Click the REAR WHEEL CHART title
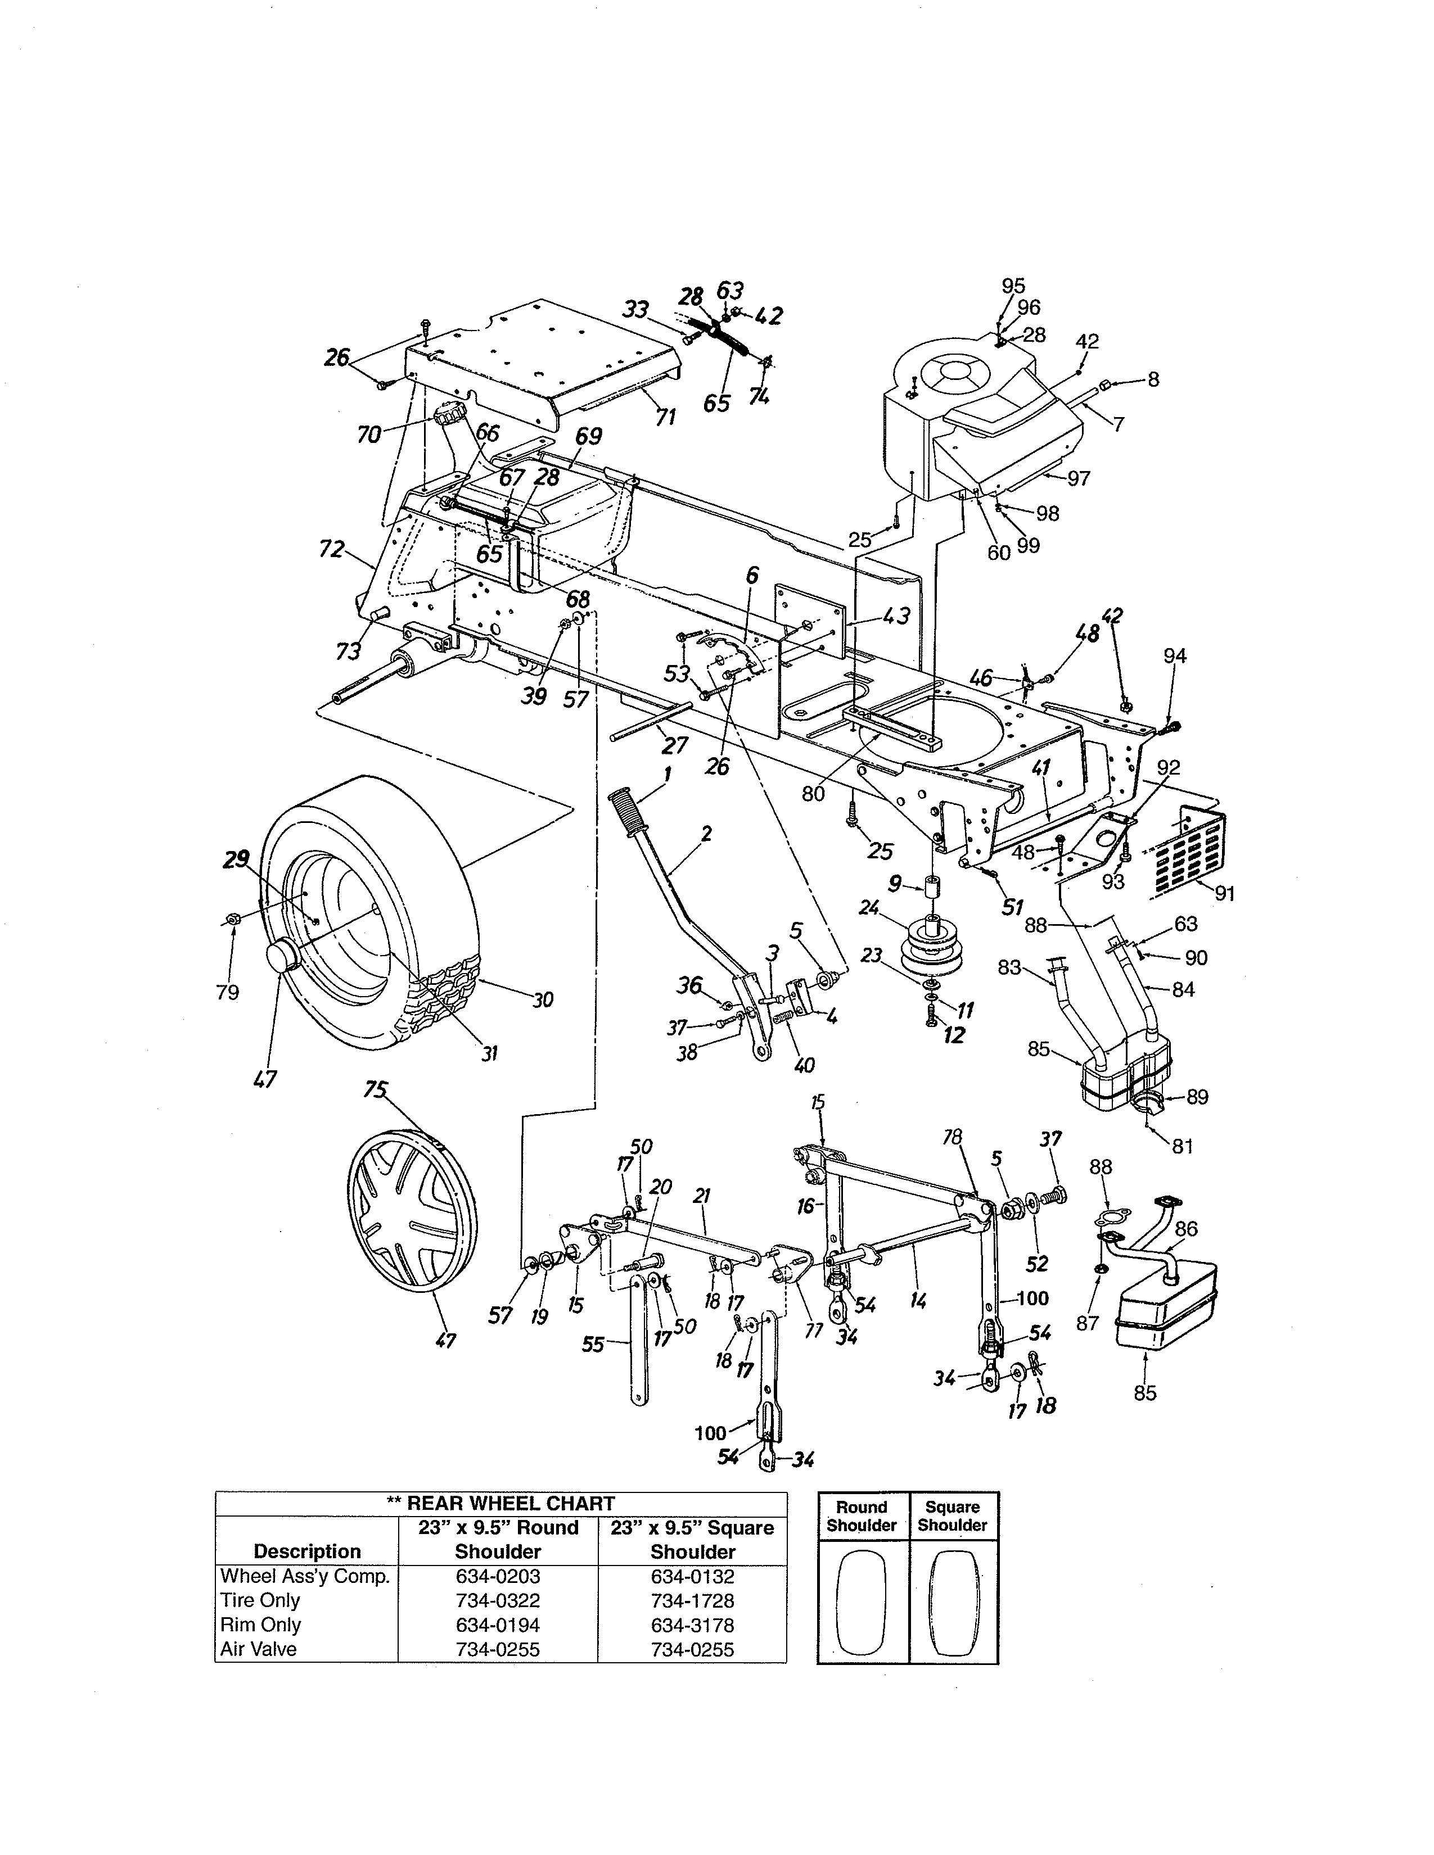point(500,1503)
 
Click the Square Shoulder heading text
point(952,1516)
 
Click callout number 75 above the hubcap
point(375,1090)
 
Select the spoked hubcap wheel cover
point(413,1210)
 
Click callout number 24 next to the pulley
point(868,908)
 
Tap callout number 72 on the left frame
point(331,550)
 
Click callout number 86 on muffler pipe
point(1186,1229)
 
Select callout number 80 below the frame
point(813,794)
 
